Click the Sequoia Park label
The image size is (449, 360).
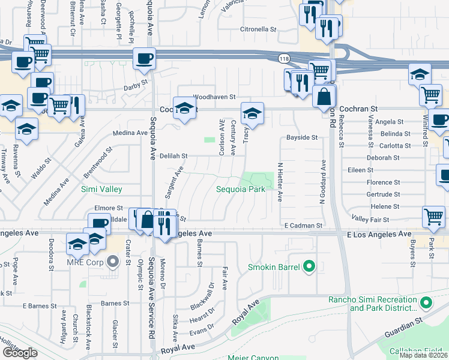[x=241, y=189]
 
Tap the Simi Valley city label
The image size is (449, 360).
[x=101, y=189]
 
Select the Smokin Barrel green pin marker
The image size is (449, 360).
[x=310, y=265]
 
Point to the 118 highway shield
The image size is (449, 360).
[x=283, y=58]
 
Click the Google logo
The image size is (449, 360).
[x=20, y=353]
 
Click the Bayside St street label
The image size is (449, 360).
[x=301, y=137]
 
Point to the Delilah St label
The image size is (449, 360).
[x=173, y=155]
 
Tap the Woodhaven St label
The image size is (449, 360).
[x=214, y=97]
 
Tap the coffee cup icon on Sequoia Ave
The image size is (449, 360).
[x=144, y=59]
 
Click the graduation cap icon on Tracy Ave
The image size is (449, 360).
[x=253, y=113]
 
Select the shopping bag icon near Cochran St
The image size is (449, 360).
[x=324, y=96]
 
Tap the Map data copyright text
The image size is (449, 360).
[x=423, y=355]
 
